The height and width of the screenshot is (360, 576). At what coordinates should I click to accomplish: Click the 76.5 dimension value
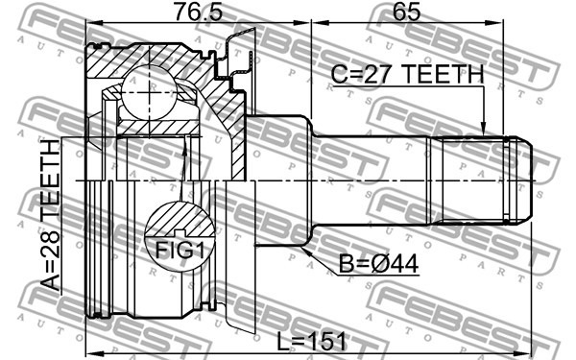click(199, 12)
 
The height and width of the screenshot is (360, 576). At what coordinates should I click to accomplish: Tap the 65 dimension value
click(406, 12)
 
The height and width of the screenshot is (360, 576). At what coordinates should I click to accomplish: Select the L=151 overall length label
click(311, 341)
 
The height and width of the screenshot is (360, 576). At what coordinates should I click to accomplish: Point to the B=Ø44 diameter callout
click(378, 263)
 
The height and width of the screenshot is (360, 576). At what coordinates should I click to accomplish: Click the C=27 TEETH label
click(407, 74)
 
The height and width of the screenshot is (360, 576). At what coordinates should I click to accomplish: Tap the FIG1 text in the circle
click(180, 250)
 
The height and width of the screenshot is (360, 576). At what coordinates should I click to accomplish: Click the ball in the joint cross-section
click(149, 92)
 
